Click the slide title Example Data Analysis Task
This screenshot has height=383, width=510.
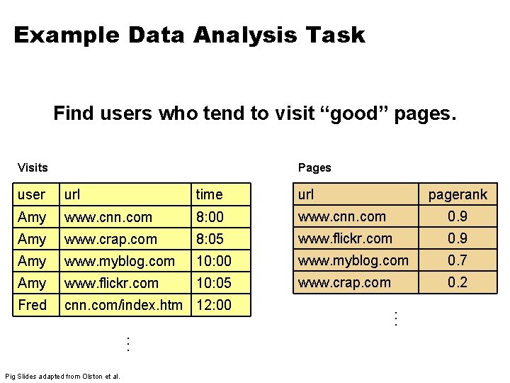point(189,35)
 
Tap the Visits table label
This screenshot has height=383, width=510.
point(33,167)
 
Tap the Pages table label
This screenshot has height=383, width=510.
point(314,167)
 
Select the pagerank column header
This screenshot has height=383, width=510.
point(458,194)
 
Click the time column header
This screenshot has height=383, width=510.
point(209,194)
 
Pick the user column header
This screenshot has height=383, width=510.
point(31,194)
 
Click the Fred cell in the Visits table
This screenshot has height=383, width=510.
point(32,305)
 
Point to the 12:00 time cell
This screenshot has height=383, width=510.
point(213,305)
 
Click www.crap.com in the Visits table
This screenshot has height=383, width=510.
point(110,239)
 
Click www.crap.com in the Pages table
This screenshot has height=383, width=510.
point(344,282)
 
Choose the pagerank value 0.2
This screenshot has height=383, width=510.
point(457,282)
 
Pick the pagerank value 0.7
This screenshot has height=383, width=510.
point(457,260)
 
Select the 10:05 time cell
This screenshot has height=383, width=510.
point(213,283)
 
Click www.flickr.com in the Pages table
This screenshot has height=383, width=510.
point(345,238)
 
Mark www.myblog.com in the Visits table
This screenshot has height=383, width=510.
point(120,261)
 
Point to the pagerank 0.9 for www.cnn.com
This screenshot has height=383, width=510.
point(457,216)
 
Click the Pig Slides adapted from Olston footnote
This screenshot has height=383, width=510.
point(62,376)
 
